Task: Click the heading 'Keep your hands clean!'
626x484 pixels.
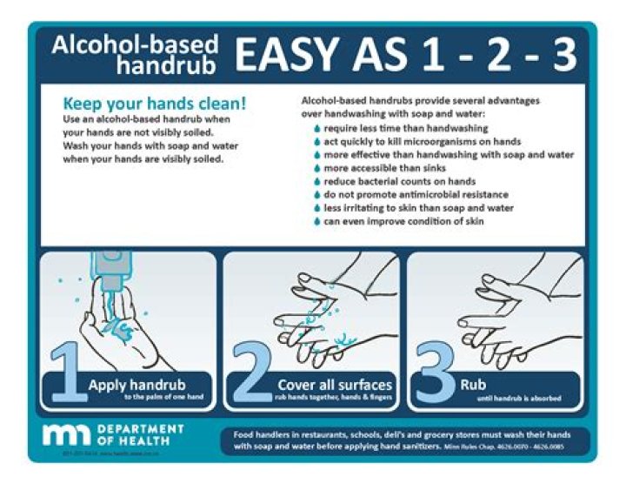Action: pos(155,102)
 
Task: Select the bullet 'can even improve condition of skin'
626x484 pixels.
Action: pos(398,222)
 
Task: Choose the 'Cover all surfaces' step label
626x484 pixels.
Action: pos(335,384)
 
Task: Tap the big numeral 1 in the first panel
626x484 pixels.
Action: pos(67,373)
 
